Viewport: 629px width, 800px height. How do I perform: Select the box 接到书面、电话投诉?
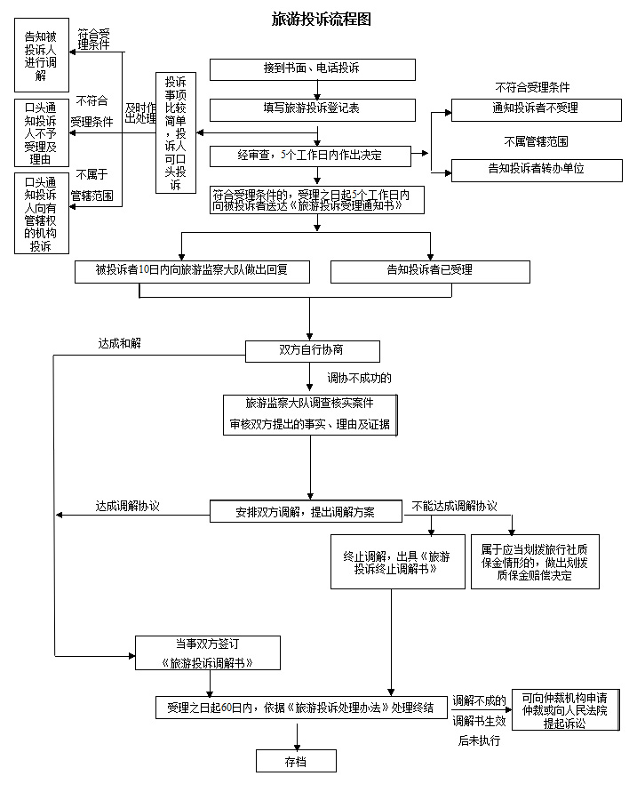pos(312,69)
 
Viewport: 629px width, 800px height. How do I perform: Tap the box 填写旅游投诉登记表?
pos(312,109)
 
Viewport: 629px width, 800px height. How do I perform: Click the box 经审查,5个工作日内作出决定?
pos(310,156)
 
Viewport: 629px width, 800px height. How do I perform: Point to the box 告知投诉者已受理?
pos(429,271)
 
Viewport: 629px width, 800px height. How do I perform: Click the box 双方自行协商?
pos(312,350)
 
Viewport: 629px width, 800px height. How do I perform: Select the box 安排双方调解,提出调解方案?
pos(305,512)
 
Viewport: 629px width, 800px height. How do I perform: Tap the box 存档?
pos(296,762)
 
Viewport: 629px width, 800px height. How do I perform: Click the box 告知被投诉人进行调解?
pos(41,57)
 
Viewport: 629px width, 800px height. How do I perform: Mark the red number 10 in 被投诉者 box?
pos(144,271)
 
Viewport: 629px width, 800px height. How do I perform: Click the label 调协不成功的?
pos(359,378)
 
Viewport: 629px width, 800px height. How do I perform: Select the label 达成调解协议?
pos(127,506)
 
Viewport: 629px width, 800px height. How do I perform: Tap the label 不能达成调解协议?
pos(454,506)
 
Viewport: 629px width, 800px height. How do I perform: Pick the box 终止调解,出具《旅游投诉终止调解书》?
pos(397,563)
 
